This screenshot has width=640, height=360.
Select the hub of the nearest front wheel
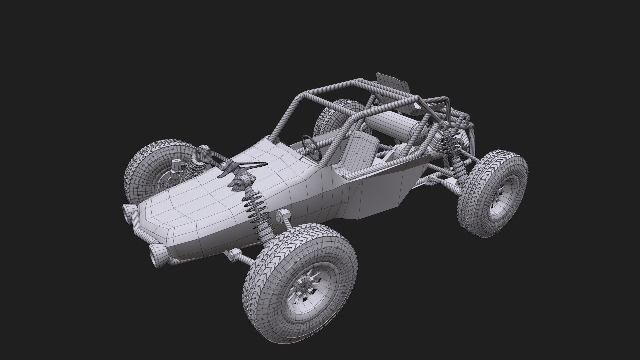click(304, 286)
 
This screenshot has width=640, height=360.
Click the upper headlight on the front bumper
click(129, 211)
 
